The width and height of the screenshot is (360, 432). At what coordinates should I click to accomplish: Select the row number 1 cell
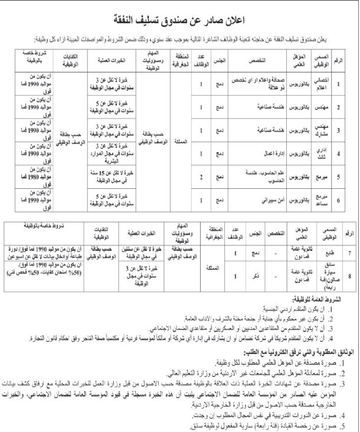(x=338, y=84)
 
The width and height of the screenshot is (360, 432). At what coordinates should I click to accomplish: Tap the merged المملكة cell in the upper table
(x=179, y=142)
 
